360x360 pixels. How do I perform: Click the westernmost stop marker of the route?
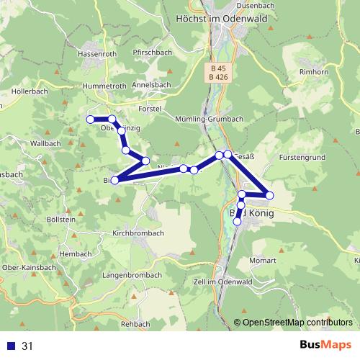(x=91, y=119)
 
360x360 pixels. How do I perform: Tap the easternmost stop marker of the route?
(x=269, y=195)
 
